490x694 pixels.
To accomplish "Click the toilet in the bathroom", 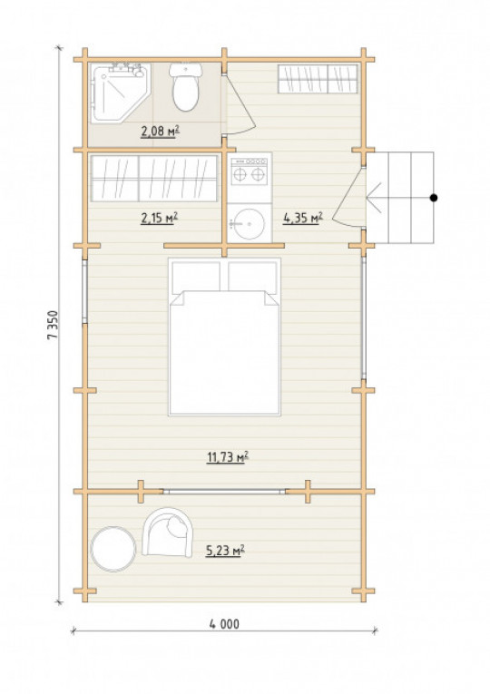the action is tap(185, 87).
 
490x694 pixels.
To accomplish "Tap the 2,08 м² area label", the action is tap(160, 131).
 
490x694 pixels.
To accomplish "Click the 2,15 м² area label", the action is tap(160, 218).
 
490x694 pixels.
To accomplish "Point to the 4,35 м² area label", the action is tap(303, 218).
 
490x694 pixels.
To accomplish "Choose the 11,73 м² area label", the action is tap(228, 456).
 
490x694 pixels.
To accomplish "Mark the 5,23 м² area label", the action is tap(225, 550).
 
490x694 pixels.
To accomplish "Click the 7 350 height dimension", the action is tap(53, 325).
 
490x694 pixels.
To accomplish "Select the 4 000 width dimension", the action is tap(224, 623).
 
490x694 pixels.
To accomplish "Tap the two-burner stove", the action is tap(250, 171).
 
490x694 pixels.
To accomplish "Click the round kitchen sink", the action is tap(250, 223).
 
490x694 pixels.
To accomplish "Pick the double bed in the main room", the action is tap(224, 337).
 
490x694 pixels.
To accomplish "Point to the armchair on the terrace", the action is tap(168, 532).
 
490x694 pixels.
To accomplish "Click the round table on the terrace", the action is tap(113, 549).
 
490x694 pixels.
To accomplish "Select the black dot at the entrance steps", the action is tap(434, 198).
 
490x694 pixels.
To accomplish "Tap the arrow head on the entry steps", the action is tap(374, 198).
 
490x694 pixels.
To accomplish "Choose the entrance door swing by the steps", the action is tap(348, 198).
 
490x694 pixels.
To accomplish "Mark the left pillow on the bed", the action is tap(196, 277).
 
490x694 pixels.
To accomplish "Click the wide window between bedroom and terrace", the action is tap(224, 492).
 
